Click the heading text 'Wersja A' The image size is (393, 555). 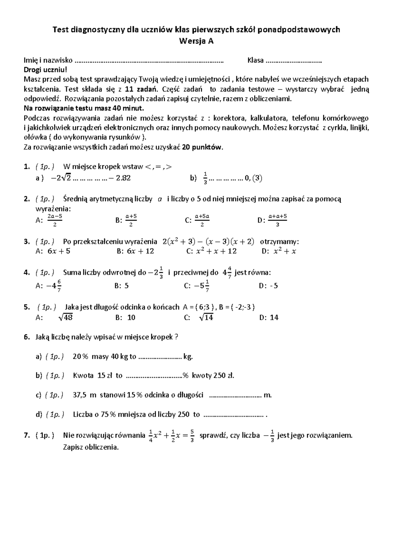point(196,41)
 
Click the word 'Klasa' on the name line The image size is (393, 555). point(255,60)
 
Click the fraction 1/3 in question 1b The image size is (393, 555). point(205,178)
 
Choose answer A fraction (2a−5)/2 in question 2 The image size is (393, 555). point(55,220)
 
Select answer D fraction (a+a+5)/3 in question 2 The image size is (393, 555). point(277,220)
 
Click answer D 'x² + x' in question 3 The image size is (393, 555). point(285,251)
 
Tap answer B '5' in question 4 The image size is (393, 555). point(126,286)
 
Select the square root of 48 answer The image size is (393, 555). point(65,317)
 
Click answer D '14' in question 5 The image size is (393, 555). point(274,317)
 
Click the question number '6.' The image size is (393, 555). point(27,337)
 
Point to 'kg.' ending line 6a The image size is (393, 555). point(188,357)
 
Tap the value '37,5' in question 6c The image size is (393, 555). point(80,395)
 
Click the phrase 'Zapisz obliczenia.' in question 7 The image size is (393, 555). point(91,447)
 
